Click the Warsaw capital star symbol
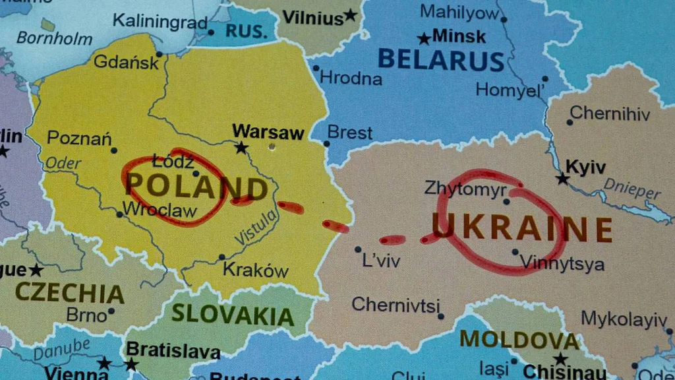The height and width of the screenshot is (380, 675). tap(241, 148)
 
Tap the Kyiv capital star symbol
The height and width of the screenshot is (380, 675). tap(562, 178)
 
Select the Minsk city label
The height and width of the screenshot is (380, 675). tap(459, 36)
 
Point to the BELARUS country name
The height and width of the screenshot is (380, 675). tap(441, 60)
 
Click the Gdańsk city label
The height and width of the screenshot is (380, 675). tap(127, 63)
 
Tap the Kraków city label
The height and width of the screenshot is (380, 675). tap(256, 270)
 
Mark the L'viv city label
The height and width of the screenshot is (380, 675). tap(381, 261)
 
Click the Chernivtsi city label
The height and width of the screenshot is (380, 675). tap(395, 305)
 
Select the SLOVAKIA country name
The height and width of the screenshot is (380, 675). tap(233, 315)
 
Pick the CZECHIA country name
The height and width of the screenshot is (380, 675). tap(69, 292)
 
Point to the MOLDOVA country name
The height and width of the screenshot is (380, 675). tap(519, 339)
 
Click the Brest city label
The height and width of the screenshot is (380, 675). tap(350, 133)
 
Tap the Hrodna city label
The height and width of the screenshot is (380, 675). tap(351, 79)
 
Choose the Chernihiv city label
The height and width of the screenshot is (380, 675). tap(610, 113)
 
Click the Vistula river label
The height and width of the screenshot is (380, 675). tap(256, 228)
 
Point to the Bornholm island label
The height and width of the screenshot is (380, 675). tap(54, 38)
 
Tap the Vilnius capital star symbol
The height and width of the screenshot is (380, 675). tap(350, 15)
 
